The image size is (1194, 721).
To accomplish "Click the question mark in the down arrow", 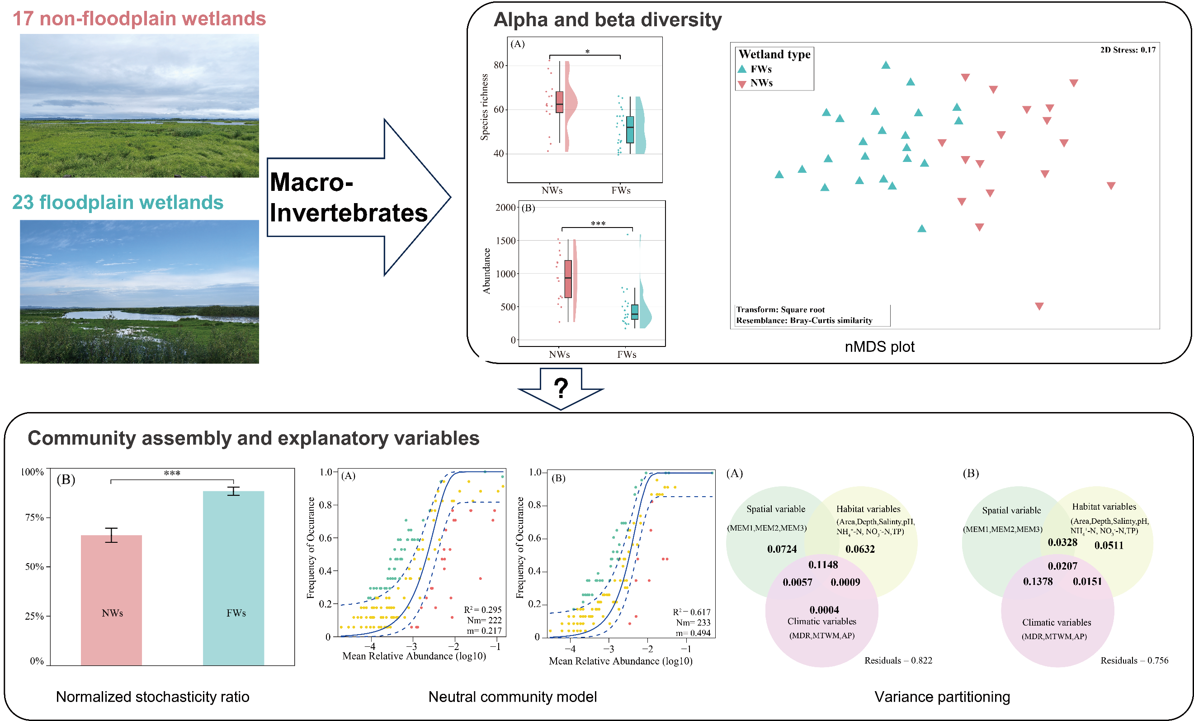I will click(x=561, y=388).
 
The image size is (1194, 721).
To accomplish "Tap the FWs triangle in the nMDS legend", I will click(x=742, y=69).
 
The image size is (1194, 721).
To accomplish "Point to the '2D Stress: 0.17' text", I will click(x=1128, y=50).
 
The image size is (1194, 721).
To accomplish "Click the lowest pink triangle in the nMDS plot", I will click(x=1039, y=306).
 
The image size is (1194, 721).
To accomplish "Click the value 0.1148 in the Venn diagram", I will click(x=823, y=565).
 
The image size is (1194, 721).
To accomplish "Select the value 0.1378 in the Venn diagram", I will click(x=1038, y=581).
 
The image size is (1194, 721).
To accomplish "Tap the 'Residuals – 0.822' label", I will click(x=898, y=660).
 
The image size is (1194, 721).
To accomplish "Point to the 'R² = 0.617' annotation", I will click(x=692, y=612).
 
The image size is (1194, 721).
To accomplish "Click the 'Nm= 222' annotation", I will click(x=484, y=620).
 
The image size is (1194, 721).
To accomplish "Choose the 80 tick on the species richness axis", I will click(x=499, y=65).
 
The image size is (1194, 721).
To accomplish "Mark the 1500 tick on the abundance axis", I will click(x=505, y=241).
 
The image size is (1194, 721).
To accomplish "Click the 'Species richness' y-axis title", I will click(x=484, y=107).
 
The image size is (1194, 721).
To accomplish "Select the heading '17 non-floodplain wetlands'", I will click(x=139, y=19).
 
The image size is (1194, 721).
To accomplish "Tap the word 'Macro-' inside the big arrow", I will click(x=311, y=182).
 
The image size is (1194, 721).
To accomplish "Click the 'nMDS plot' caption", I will click(x=879, y=346).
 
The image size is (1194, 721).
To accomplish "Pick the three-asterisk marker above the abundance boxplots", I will click(x=598, y=223).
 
